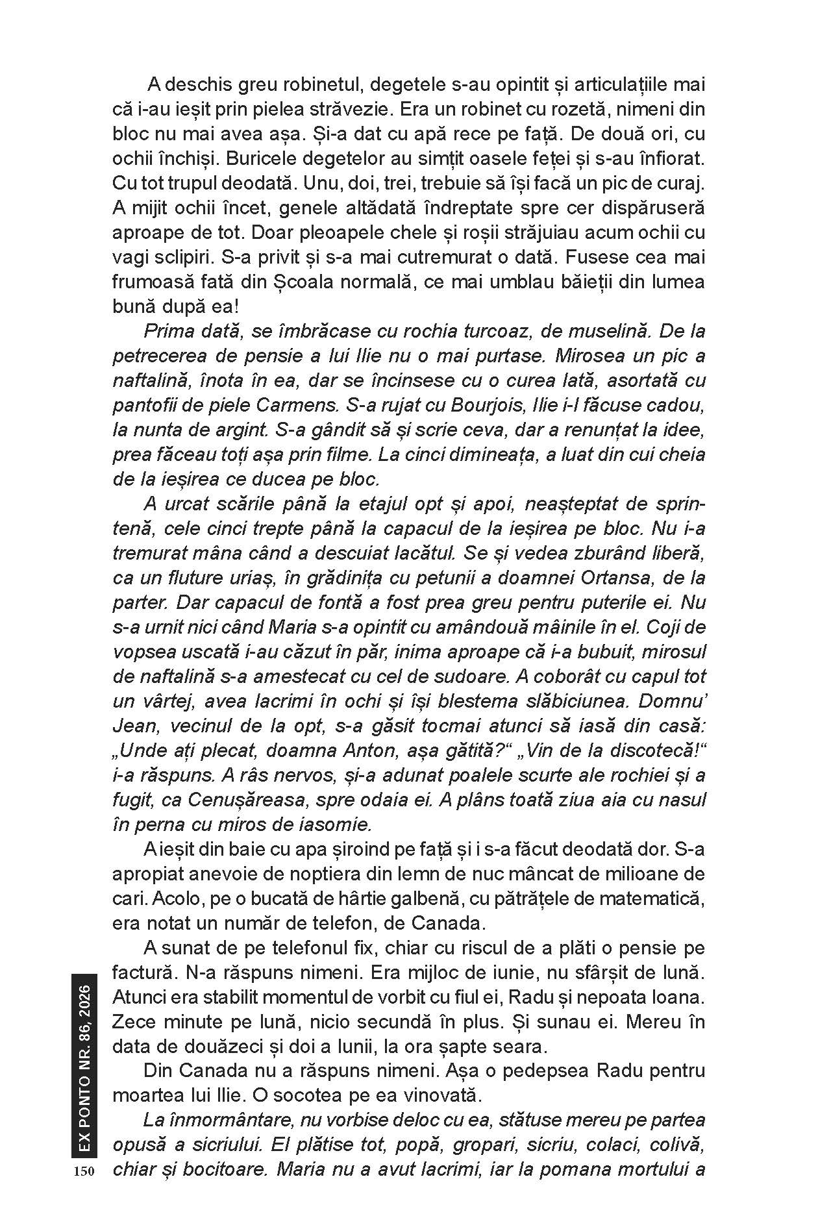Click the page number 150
[84, 1171]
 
